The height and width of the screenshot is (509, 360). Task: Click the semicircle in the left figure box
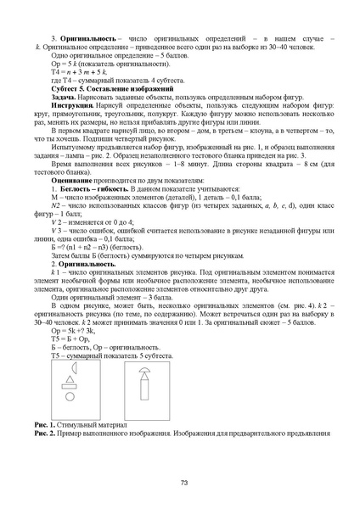click(x=69, y=371)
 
